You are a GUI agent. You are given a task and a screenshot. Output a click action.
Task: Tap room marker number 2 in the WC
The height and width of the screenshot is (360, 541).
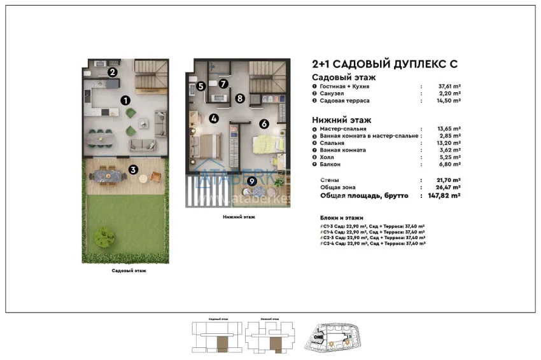(x=111, y=72)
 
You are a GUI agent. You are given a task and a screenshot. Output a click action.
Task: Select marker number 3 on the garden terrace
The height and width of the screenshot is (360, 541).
(x=132, y=169)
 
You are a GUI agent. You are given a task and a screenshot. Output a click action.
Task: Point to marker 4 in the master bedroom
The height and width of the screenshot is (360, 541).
(x=214, y=118)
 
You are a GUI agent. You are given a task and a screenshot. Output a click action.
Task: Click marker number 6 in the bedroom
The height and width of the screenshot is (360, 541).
(x=264, y=125)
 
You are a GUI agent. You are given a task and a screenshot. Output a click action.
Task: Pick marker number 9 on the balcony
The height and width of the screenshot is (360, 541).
(x=252, y=181)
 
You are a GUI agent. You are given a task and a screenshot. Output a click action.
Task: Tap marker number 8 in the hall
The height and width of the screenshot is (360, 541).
(x=239, y=98)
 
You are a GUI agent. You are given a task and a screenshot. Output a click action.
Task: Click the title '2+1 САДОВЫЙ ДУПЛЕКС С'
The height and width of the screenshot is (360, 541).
(x=384, y=64)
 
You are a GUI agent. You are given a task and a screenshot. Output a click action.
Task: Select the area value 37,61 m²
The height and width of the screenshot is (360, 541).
(x=448, y=86)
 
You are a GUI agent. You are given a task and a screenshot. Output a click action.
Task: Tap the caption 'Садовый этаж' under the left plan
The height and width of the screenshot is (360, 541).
(x=129, y=270)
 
